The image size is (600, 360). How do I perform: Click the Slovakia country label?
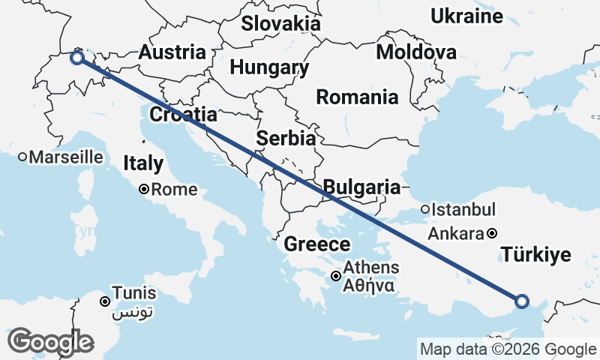[x=280, y=23]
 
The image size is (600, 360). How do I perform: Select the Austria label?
[x=172, y=52]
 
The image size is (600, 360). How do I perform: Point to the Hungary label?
[x=269, y=67]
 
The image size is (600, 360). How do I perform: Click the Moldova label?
[x=416, y=52]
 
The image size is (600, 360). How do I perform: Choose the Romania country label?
[x=357, y=97]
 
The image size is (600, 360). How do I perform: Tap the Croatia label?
[x=184, y=115]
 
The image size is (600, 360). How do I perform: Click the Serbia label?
[x=286, y=138]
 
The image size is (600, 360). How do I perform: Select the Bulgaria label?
[x=361, y=187]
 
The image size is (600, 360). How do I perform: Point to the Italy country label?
[x=143, y=163]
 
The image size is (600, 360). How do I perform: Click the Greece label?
[x=317, y=244]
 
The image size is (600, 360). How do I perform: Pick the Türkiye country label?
[x=535, y=255]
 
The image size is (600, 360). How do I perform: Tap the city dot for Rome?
[x=144, y=190]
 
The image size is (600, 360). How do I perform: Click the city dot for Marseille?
[x=23, y=157]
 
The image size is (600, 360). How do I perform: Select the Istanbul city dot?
[x=425, y=210]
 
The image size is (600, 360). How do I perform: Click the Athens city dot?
[x=336, y=277]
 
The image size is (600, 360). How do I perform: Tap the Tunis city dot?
[x=105, y=301]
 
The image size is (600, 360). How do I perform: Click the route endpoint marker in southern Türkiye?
[x=522, y=301]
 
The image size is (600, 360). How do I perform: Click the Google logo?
[x=51, y=342]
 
